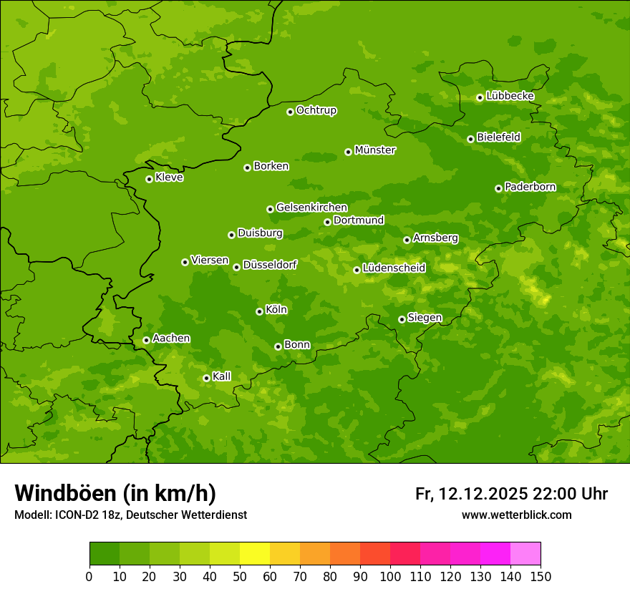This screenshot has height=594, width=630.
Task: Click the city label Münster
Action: click(x=375, y=150)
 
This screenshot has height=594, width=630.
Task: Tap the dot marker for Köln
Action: click(x=259, y=311)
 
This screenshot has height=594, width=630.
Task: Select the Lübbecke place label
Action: click(x=510, y=96)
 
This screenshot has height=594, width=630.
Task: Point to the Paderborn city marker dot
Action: click(x=498, y=188)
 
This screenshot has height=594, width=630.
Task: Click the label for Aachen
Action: click(x=171, y=339)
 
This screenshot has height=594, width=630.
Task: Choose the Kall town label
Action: click(x=222, y=376)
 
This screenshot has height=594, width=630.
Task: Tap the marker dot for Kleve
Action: click(x=149, y=179)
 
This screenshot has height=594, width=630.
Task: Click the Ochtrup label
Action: click(x=316, y=110)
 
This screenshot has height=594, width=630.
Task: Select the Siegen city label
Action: click(x=425, y=318)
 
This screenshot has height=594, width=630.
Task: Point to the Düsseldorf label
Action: click(x=270, y=265)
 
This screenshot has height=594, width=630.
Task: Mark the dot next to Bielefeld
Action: click(x=470, y=139)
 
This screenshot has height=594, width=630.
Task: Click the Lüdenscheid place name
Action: click(x=394, y=268)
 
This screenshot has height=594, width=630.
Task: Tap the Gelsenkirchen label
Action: click(x=311, y=208)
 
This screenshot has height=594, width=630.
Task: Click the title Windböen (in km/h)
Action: click(x=115, y=493)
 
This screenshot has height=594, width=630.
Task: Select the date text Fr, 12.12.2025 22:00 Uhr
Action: click(x=511, y=494)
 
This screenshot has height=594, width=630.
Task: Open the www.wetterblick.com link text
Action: click(x=516, y=515)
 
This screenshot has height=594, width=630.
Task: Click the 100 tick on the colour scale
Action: click(x=390, y=577)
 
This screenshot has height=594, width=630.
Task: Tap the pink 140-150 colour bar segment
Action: click(x=525, y=554)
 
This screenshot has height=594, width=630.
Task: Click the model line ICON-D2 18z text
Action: click(x=130, y=515)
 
